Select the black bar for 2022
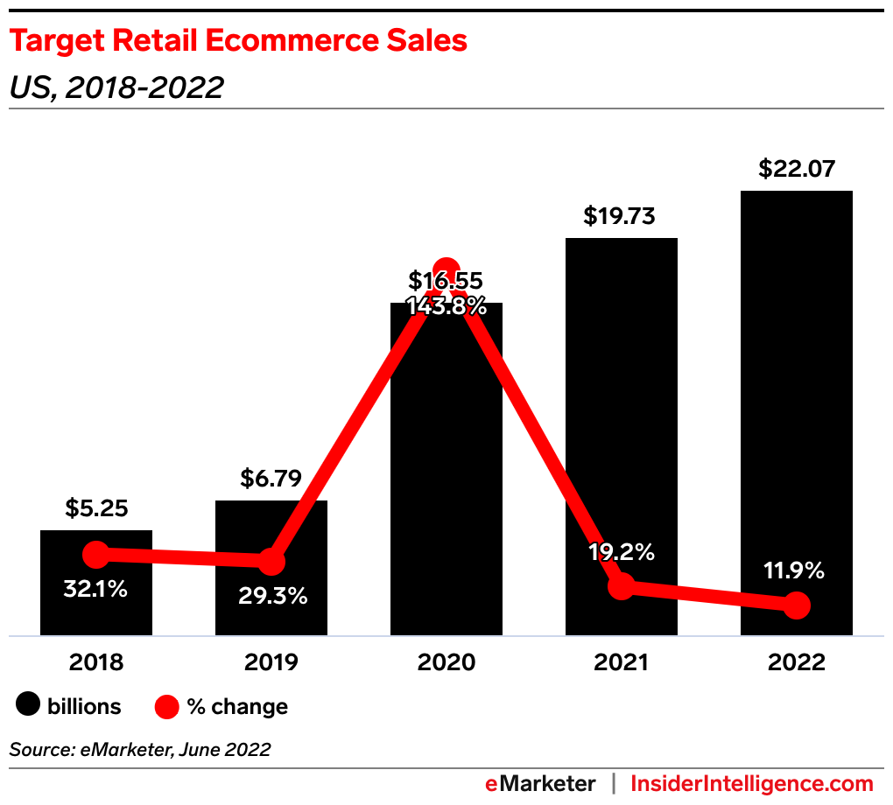pyautogui.click(x=797, y=394)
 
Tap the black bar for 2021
pyautogui.click(x=622, y=420)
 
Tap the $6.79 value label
pyautogui.click(x=271, y=479)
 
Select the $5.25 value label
pyautogui.click(x=96, y=508)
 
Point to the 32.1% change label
pyautogui.click(x=95, y=589)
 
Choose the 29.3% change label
pyautogui.click(x=273, y=597)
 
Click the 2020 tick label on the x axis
pyautogui.click(x=446, y=662)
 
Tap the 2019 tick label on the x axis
pyautogui.click(x=271, y=662)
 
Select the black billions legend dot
pyautogui.click(x=29, y=705)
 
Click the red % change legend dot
pyautogui.click(x=166, y=705)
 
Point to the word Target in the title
pyautogui.click(x=58, y=41)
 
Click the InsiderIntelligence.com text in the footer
pyautogui.click(x=752, y=783)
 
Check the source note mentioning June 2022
pyautogui.click(x=140, y=749)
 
